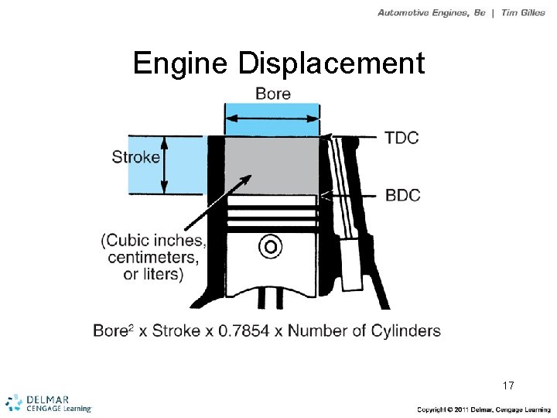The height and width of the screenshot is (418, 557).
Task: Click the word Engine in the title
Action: pos(181,63)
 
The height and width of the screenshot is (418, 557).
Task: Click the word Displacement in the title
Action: pos(331,63)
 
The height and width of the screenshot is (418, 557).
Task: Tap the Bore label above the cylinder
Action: pos(272,94)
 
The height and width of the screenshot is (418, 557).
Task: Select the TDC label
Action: pos(402,139)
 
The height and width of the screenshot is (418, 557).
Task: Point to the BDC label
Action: pos(402,195)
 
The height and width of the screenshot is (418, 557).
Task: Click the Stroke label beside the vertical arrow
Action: pos(136,157)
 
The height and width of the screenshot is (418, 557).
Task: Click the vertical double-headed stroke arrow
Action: pos(164,165)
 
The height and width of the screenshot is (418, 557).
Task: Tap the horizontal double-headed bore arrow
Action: pos(272,119)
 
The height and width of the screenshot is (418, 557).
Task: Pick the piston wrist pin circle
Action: pos(271,247)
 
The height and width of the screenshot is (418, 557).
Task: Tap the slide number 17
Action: pos(508,385)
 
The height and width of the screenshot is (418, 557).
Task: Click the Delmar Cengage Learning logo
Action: pos(49,402)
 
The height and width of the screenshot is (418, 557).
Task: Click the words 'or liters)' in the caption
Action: pos(153,274)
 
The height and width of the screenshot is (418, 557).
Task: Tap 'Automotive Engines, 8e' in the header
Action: pos(431,12)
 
